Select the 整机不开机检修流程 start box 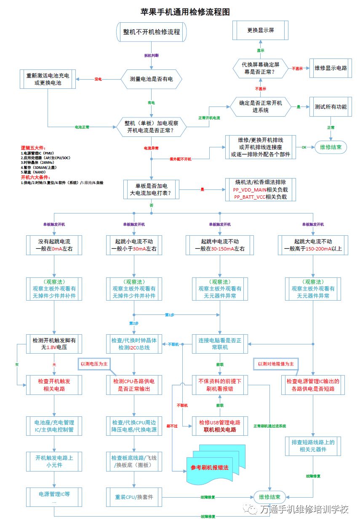(151, 32)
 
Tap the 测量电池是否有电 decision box (151, 79)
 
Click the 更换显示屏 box (261, 30)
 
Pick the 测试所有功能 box (331, 107)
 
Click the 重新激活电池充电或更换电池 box (48, 79)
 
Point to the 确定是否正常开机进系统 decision (260, 107)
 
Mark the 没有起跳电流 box (54, 245)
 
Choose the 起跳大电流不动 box (312, 245)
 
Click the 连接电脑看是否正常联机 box (220, 344)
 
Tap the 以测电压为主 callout (94, 363)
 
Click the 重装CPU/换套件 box (134, 497)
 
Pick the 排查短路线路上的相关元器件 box (312, 446)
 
